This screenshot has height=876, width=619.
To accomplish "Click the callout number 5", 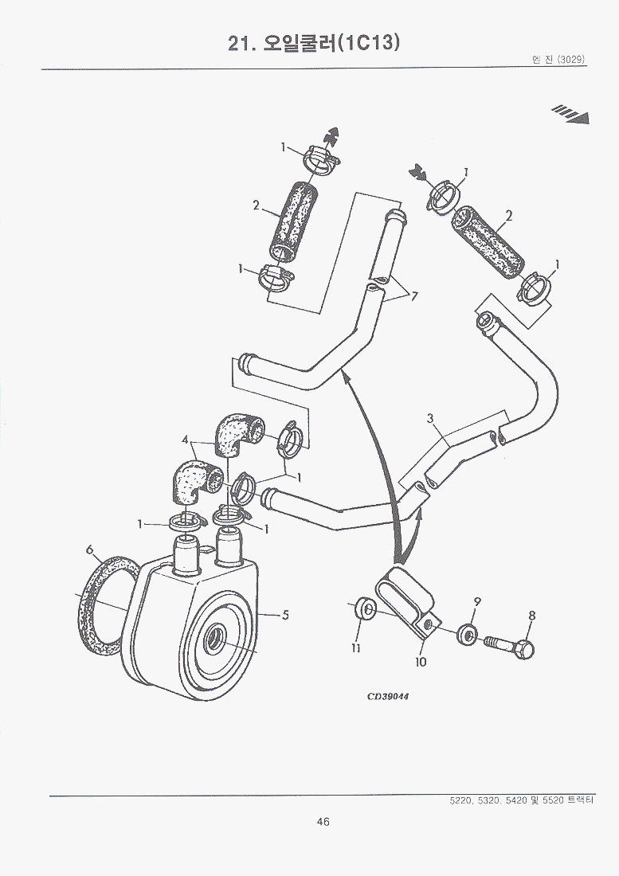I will click(x=284, y=614).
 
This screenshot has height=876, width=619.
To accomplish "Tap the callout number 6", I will click(x=89, y=549).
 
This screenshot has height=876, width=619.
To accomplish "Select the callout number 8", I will click(x=532, y=615).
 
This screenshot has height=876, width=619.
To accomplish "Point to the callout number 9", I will click(x=477, y=600).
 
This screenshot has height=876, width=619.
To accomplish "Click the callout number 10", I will click(x=421, y=662).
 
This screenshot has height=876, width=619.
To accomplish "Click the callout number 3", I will click(x=430, y=418).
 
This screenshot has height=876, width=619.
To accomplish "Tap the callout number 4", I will click(x=185, y=439).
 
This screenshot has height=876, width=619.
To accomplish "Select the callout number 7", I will click(x=414, y=296).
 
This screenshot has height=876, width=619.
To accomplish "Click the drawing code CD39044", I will click(x=387, y=695).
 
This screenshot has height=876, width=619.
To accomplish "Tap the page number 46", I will click(x=323, y=822).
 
